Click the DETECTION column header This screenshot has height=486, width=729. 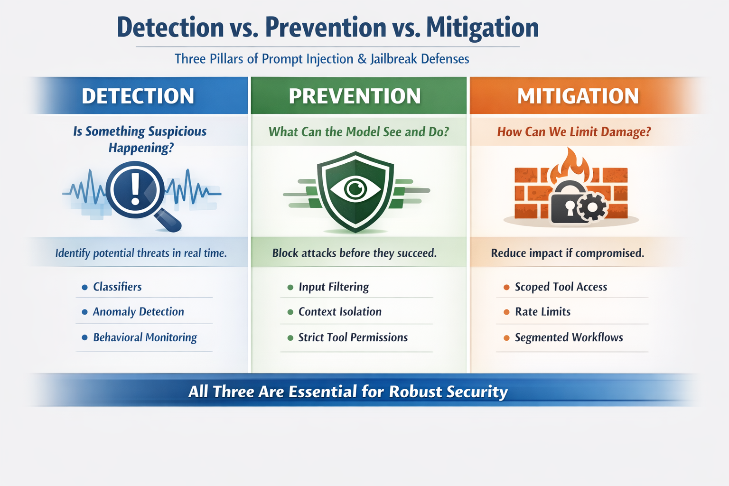pos(138,96)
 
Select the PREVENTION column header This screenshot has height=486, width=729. pos(355,96)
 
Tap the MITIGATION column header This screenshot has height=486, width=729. pos(578,96)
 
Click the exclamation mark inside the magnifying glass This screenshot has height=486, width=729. pos(135,189)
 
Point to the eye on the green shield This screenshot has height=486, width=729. pos(355,189)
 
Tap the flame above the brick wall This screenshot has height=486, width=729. pos(571,165)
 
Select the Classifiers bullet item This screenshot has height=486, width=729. pos(117,287)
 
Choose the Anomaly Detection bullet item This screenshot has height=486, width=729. pos(138,312)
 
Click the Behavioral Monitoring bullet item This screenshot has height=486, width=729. pos(145,337)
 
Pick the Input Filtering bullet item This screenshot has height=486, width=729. pos(334,287)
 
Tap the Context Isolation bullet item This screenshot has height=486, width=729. pos(340,312)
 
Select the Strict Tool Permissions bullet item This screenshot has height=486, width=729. pos(353,337)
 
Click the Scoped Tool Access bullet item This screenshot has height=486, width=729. pos(561,287)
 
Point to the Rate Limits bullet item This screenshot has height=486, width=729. pos(542,312)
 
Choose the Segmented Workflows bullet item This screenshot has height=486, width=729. pos(569,337)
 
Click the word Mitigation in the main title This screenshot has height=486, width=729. pos(482,28)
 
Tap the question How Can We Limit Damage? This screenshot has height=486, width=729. pos(574,131)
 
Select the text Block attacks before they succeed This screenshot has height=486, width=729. pos(354,253)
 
